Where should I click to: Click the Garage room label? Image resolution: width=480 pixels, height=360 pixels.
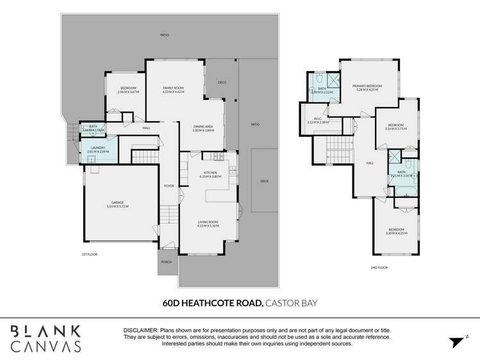pyautogui.click(x=117, y=202)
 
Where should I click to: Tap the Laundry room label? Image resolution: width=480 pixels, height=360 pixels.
pyautogui.click(x=97, y=148)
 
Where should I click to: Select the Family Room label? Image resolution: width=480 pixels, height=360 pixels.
pyautogui.click(x=173, y=88)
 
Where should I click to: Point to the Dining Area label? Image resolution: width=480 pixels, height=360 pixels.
pyautogui.click(x=203, y=126)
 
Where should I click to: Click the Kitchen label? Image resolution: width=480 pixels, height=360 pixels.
pyautogui.click(x=211, y=172)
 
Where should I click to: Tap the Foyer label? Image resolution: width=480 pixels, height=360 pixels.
pyautogui.click(x=169, y=186)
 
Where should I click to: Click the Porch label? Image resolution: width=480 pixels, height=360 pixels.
pyautogui.click(x=166, y=261)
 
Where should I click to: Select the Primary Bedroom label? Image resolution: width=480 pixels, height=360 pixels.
pyautogui.click(x=367, y=86)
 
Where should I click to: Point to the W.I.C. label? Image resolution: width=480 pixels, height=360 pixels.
pyautogui.click(x=318, y=119)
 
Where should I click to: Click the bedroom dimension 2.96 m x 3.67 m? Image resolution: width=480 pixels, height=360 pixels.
pyautogui.click(x=128, y=92)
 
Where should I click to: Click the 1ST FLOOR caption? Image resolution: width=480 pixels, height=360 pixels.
pyautogui.click(x=88, y=256)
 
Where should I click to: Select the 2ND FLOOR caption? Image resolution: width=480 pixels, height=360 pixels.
pyautogui.click(x=379, y=267)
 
